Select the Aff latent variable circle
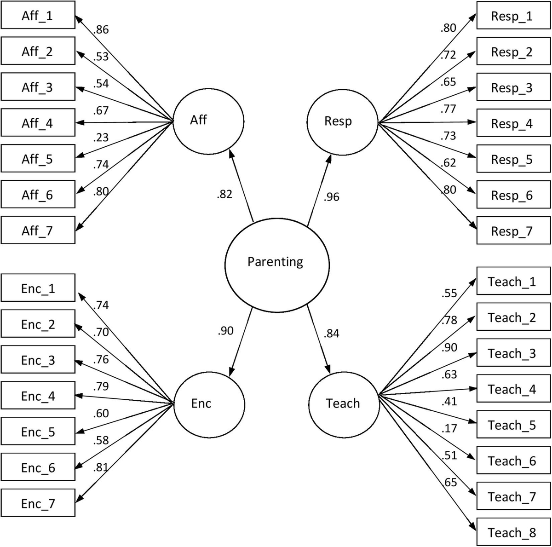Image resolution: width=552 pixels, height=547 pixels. (208, 122)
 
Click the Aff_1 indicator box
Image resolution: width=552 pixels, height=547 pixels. (38, 16)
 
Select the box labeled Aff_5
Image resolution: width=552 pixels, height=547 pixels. (38, 159)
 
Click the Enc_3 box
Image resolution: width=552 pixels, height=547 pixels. (38, 360)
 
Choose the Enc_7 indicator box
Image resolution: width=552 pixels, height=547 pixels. (38, 503)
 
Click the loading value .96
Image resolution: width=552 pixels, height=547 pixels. (331, 197)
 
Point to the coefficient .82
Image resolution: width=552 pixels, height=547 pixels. (224, 195)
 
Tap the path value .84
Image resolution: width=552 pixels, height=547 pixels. (331, 334)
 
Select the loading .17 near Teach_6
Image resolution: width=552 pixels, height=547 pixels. (449, 428)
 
